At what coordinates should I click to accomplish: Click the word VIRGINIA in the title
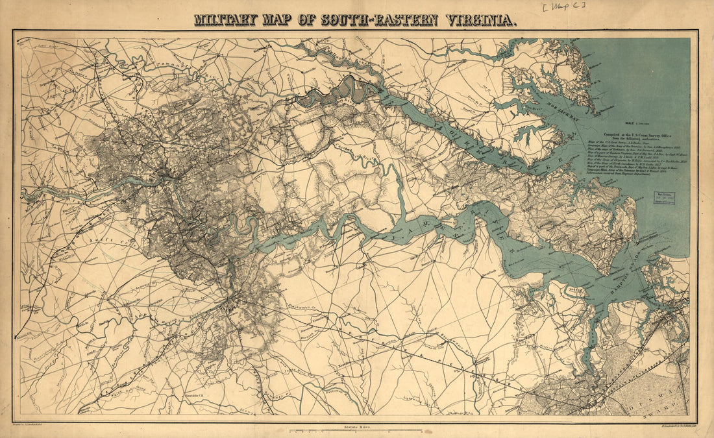481,19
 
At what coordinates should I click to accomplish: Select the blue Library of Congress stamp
664,198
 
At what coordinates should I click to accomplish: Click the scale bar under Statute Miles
356,431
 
